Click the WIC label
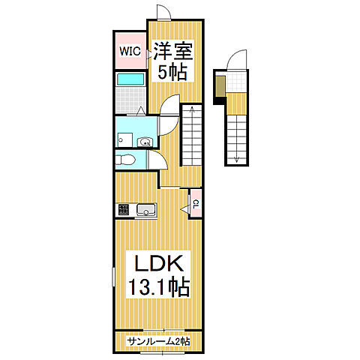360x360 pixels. click(x=130, y=51)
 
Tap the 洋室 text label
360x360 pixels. click(x=173, y=51)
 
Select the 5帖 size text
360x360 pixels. click(x=172, y=72)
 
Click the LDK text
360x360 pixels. click(x=159, y=263)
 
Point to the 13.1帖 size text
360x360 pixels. click(x=159, y=287)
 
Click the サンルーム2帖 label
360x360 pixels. click(x=158, y=341)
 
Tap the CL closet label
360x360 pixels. click(x=196, y=204)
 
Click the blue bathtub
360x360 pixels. click(x=130, y=79)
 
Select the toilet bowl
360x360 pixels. click(x=125, y=159)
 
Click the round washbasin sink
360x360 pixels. click(x=145, y=142)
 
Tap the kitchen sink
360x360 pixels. click(x=146, y=209)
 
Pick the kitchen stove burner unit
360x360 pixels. click(x=124, y=209)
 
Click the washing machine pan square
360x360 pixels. click(x=124, y=139)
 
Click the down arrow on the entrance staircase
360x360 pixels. click(x=236, y=157)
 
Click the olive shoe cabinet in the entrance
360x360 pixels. click(x=220, y=86)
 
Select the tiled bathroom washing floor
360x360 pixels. click(x=130, y=100)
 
